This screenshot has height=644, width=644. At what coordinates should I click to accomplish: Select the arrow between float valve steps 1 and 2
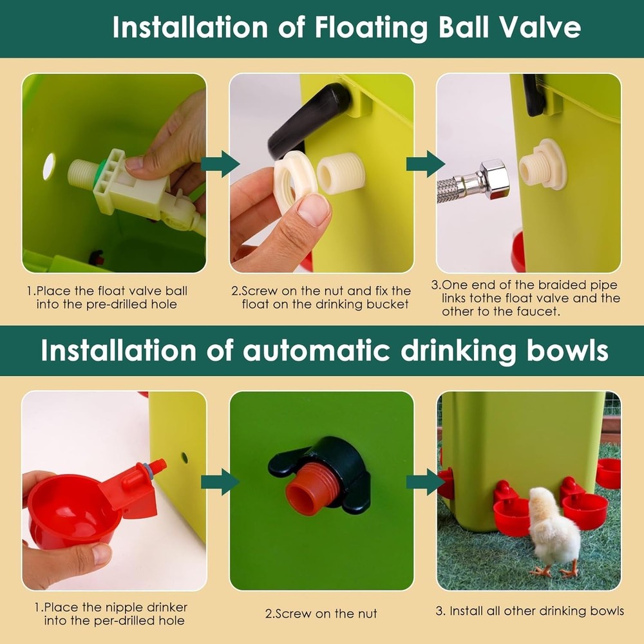[219, 164]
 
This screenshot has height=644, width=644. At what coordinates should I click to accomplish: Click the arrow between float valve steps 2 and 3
[425, 164]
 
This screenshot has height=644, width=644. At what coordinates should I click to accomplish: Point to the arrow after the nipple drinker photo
[219, 482]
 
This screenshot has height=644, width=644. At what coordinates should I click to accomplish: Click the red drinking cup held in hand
[71, 509]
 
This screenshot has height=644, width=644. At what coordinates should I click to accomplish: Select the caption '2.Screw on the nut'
[321, 613]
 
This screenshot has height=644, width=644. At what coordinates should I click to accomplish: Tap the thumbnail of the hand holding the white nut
[321, 173]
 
